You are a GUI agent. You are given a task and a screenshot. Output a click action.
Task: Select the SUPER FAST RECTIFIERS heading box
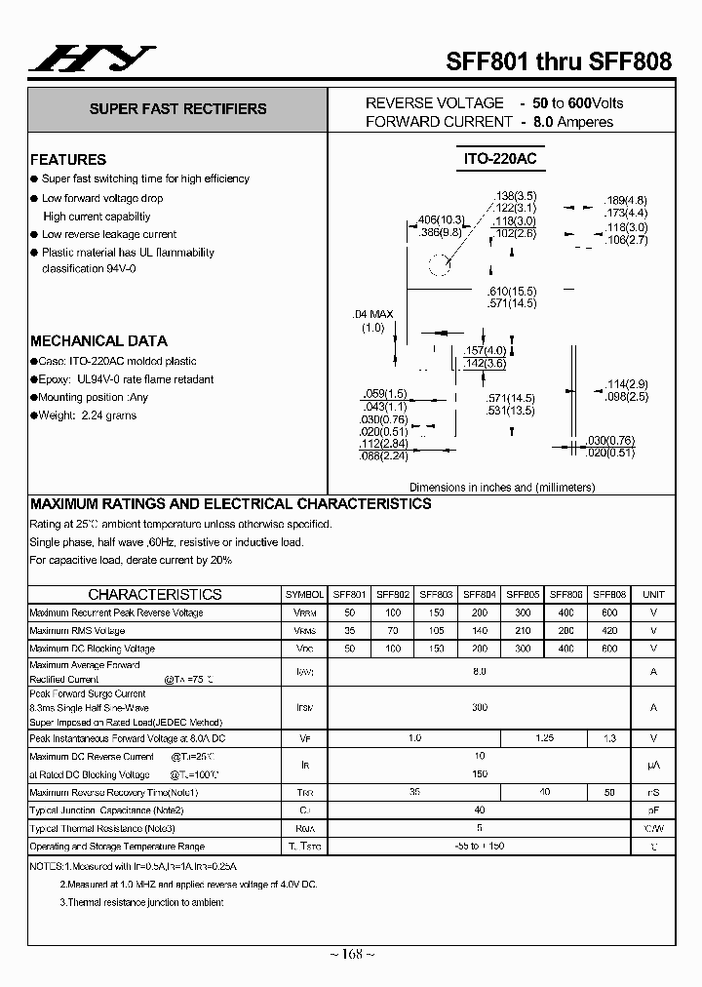(x=177, y=110)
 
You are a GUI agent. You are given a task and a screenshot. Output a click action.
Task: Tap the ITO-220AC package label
(x=501, y=158)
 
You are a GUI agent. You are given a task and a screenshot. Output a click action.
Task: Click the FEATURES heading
(x=68, y=159)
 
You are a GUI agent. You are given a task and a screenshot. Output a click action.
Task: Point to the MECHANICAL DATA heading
(x=98, y=341)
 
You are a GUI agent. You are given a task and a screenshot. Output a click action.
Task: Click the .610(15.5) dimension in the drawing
(x=511, y=292)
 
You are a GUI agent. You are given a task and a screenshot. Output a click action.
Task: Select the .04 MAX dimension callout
(x=372, y=314)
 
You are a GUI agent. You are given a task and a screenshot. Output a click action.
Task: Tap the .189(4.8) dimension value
(x=625, y=200)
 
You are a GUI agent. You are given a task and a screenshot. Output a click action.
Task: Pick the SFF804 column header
(x=480, y=594)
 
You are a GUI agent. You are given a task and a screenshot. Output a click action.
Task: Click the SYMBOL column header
(x=305, y=594)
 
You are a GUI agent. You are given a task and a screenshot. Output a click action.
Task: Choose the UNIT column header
(x=653, y=594)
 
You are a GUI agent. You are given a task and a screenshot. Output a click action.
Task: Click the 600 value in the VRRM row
(x=609, y=612)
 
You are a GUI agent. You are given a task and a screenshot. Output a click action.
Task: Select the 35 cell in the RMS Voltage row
(x=349, y=631)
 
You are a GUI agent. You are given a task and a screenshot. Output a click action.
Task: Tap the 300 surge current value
(x=480, y=707)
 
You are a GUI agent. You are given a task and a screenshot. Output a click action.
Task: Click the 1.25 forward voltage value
(x=545, y=739)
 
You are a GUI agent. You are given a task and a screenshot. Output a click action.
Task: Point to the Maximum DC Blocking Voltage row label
(x=93, y=649)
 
